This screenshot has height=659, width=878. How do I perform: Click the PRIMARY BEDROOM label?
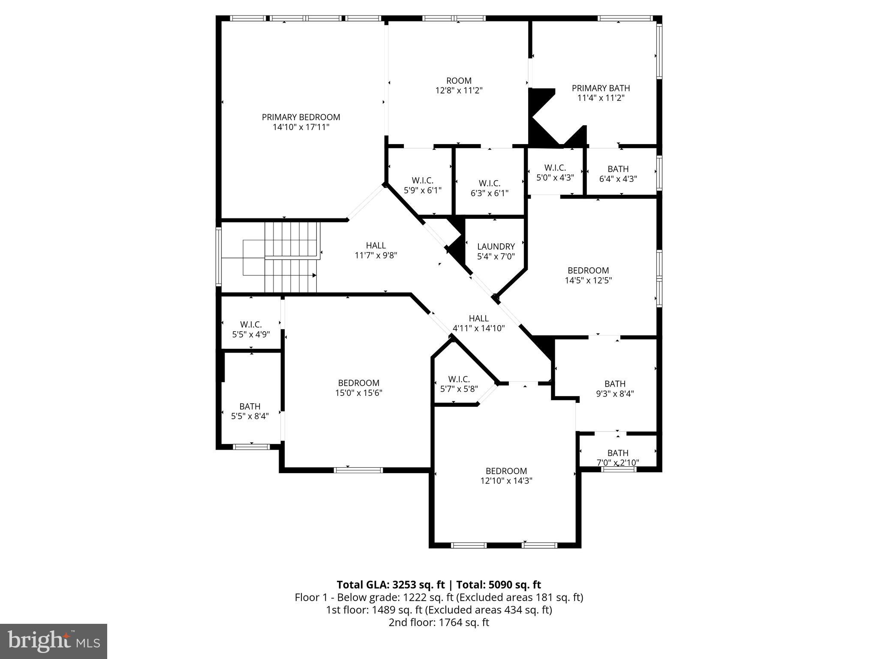[x=301, y=117]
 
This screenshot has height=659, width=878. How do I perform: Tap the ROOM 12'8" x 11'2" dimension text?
[x=459, y=91]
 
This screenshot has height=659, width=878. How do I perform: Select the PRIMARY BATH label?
[x=601, y=88]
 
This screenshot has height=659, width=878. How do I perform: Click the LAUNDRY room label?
[x=496, y=247]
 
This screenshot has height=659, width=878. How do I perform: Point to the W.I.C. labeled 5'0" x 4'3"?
[x=555, y=172]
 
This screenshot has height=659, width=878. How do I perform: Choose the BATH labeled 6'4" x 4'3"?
[x=618, y=174]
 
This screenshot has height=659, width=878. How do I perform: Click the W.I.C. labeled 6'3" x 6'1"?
[x=489, y=188]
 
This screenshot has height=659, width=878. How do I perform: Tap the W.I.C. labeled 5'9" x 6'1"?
[x=422, y=185]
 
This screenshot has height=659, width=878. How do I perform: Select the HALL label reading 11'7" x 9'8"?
[x=376, y=251]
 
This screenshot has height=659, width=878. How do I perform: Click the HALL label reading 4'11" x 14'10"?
[x=478, y=323]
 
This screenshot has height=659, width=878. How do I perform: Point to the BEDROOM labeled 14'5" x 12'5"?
[x=588, y=275]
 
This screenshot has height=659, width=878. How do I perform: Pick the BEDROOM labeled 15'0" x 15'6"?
[x=358, y=387]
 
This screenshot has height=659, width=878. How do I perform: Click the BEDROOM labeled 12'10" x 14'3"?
[x=506, y=475]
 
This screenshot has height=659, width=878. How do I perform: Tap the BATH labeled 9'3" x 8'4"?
[x=615, y=388]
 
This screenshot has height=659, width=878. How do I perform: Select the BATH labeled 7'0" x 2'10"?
[x=618, y=457]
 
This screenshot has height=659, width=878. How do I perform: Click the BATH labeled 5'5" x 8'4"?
[x=250, y=411]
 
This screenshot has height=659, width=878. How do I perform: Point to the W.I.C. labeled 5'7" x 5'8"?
[x=459, y=384]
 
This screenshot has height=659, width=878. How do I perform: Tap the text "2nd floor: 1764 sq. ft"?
[x=439, y=623]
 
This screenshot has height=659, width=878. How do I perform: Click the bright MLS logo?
[x=54, y=641]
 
